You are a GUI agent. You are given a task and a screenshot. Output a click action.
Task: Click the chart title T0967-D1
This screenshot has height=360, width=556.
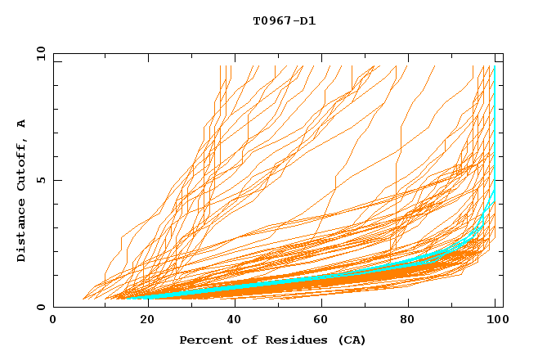284,21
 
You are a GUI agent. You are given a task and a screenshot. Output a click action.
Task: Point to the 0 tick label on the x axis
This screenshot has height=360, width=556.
53,320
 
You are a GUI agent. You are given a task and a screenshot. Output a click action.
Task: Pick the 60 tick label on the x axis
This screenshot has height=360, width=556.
324,320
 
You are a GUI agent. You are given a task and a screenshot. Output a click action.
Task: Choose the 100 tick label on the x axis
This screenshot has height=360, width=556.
498,320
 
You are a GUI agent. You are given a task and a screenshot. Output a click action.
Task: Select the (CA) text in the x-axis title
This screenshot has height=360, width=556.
350,340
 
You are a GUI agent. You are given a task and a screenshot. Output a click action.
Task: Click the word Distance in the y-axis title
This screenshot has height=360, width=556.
21,232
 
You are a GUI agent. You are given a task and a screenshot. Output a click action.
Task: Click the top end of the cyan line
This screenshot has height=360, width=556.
494,67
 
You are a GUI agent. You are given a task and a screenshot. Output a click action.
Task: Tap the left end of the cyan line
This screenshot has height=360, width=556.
128,298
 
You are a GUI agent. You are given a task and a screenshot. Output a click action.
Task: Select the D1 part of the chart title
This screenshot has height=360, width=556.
307,21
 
